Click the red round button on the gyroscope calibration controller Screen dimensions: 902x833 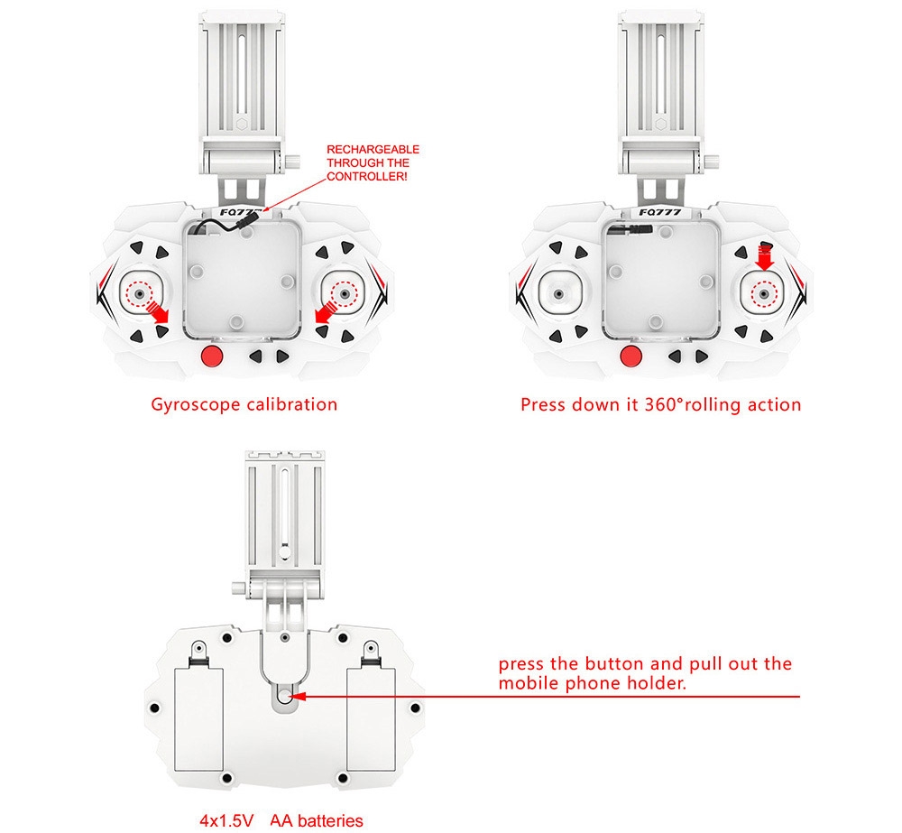(212, 356)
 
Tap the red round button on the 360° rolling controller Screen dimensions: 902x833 (631, 356)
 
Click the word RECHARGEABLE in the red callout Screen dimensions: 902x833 (373, 150)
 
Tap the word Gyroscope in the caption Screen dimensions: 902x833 (195, 404)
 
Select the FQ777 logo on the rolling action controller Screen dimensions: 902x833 (660, 212)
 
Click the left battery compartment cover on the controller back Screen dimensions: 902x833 (198, 719)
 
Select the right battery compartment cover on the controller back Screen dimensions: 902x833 (371, 719)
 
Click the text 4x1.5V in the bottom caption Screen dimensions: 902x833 (226, 820)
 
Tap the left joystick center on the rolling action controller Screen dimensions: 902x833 (558, 294)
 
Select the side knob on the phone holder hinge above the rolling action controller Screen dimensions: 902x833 (713, 161)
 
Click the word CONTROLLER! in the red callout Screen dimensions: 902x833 (367, 177)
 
